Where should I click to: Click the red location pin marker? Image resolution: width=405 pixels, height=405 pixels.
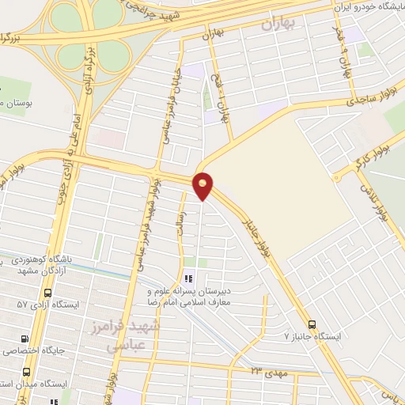pyautogui.click(x=203, y=185)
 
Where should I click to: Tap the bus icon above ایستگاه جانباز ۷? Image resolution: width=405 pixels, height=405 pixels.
pyautogui.click(x=311, y=323)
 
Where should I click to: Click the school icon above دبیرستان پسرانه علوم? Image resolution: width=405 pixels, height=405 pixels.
pyautogui.click(x=187, y=278)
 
